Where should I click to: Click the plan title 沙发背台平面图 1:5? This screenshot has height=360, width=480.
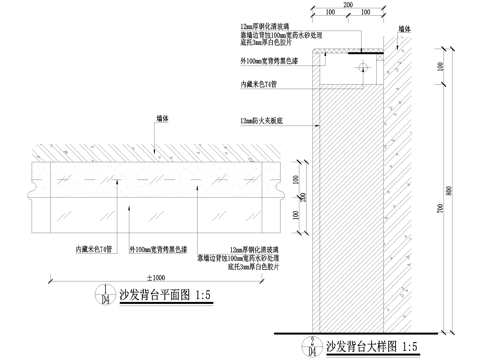click(173, 297)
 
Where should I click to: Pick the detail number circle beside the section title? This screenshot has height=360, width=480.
click(313, 346)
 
